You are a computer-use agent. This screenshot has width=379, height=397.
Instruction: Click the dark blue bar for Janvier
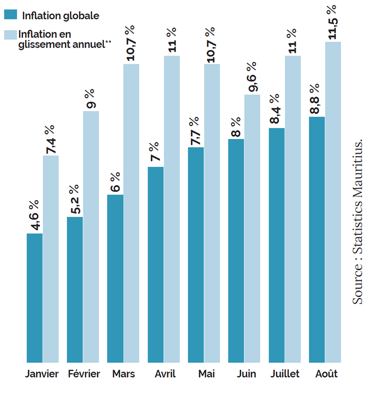(35, 298)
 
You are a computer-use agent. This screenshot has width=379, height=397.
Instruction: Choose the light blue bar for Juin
(252, 228)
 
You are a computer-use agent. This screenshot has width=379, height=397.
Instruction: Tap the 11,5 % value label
(332, 22)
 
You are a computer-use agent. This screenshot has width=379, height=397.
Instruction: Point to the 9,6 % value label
(252, 76)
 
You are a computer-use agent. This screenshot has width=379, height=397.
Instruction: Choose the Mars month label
(123, 374)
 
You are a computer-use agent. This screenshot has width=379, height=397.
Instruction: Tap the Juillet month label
(285, 374)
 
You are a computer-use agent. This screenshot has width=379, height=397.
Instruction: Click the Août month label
(325, 374)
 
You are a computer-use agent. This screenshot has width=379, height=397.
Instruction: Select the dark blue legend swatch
(10, 14)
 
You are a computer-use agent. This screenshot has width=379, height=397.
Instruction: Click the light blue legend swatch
(10, 35)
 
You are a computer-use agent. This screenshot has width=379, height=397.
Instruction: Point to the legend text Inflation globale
(60, 15)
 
